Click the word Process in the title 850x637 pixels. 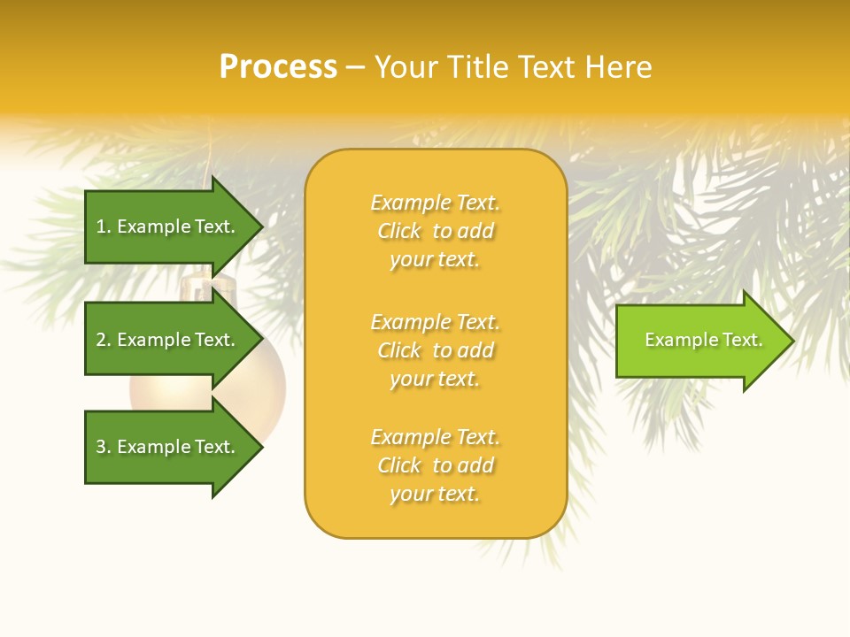click(278, 67)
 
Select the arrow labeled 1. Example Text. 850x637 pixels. click(168, 226)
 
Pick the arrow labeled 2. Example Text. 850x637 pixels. click(168, 340)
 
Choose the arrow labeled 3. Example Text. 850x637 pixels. click(168, 447)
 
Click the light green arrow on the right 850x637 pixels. click(699, 341)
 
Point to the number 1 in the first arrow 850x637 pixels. click(101, 226)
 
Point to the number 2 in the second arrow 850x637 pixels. click(101, 340)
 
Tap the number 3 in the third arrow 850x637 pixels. click(101, 447)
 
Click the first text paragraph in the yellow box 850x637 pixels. click(436, 231)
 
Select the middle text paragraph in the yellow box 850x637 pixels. click(436, 350)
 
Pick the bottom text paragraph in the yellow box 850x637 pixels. click(436, 465)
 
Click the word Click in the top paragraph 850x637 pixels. click(399, 231)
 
